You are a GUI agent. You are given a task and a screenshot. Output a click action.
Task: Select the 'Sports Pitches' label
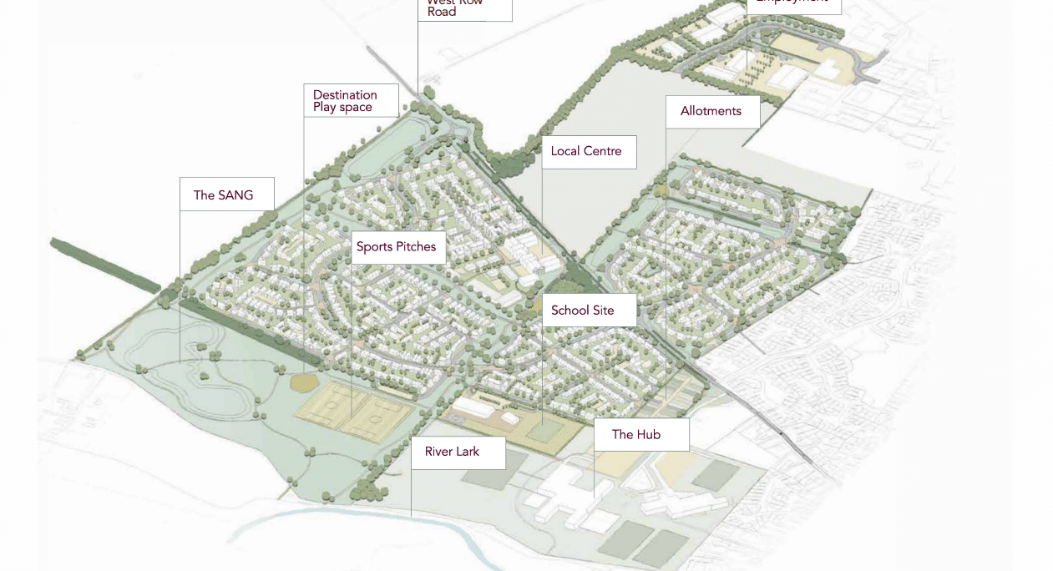(x=397, y=247)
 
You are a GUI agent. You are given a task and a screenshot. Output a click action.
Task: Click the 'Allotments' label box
(x=712, y=111)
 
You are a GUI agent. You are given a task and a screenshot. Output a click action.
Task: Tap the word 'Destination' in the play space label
(x=345, y=95)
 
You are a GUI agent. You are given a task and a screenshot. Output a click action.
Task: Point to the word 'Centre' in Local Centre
(x=603, y=152)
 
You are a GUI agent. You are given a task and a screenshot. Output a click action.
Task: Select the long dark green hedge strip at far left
(x=104, y=265)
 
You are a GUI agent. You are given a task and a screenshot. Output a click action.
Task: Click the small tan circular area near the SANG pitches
(x=304, y=382)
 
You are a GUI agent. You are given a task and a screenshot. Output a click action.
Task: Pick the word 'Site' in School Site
(x=604, y=311)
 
